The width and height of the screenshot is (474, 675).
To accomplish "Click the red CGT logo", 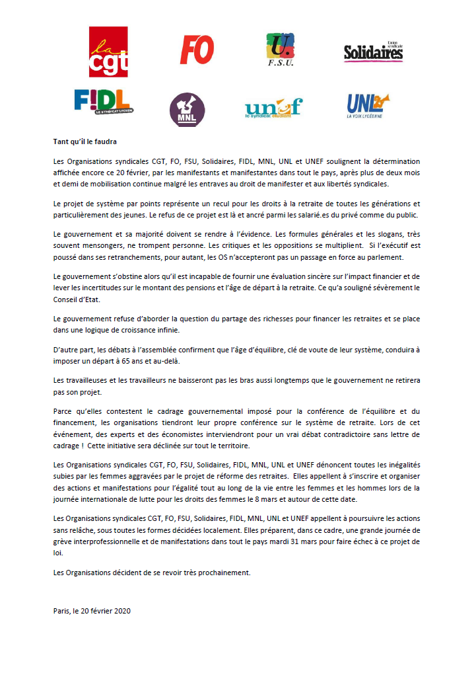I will pos(108,52).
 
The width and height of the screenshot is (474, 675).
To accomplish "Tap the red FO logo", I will pos(197,50).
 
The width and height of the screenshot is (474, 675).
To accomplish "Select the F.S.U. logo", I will pos(280,50).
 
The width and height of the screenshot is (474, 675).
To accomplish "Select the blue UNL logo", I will pos(368,104).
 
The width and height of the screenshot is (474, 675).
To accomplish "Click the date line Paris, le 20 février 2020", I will pos(92,611).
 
